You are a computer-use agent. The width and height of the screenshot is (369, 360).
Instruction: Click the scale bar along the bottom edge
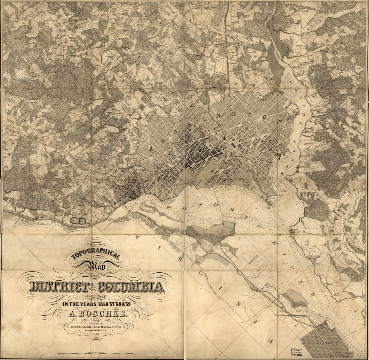coord(97,352)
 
